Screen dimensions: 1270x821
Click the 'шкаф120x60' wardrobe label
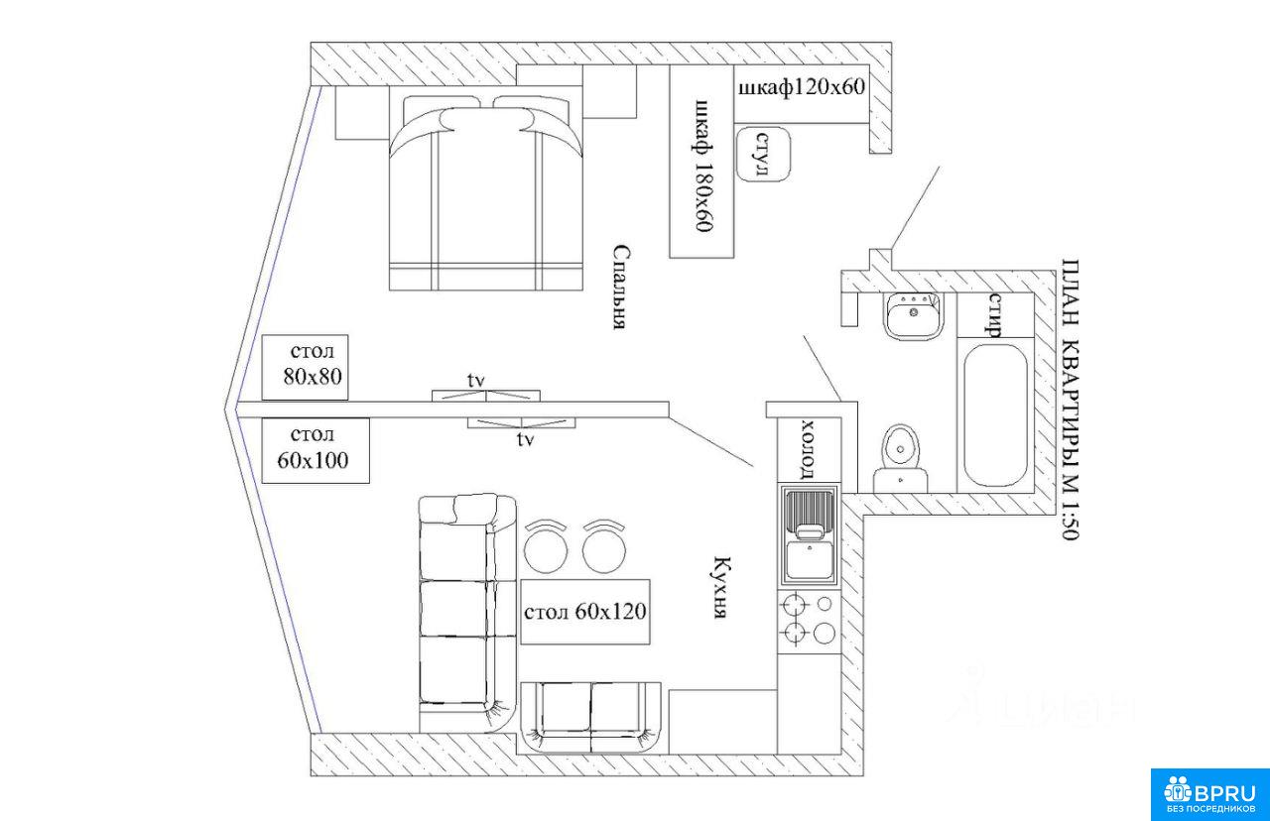click(x=802, y=87)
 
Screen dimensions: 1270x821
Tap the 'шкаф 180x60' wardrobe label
click(x=701, y=166)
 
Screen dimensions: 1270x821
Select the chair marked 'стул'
click(x=763, y=154)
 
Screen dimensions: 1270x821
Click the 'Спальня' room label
click(x=621, y=287)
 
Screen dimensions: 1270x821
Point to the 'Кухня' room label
click(x=722, y=587)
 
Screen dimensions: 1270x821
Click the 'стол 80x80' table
click(x=305, y=367)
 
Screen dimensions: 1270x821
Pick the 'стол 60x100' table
click(x=316, y=450)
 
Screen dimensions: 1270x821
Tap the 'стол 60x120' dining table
click(x=585, y=612)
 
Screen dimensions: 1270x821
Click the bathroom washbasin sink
click(x=912, y=316)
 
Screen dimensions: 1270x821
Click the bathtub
click(x=995, y=415)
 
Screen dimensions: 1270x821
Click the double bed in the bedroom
click(x=486, y=193)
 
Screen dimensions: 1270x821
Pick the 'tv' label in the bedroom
click(x=476, y=382)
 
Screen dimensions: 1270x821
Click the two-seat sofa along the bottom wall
click(x=590, y=718)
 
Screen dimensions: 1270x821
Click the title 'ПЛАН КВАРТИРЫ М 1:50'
click(x=1070, y=400)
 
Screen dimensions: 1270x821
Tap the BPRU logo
click(x=1210, y=794)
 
